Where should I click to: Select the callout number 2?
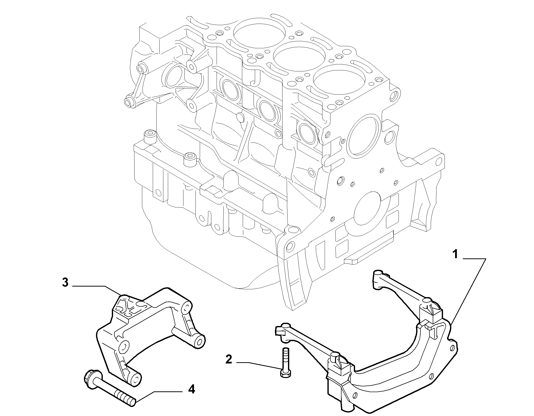click(229, 360)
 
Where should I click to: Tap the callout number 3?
click(65, 283)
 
